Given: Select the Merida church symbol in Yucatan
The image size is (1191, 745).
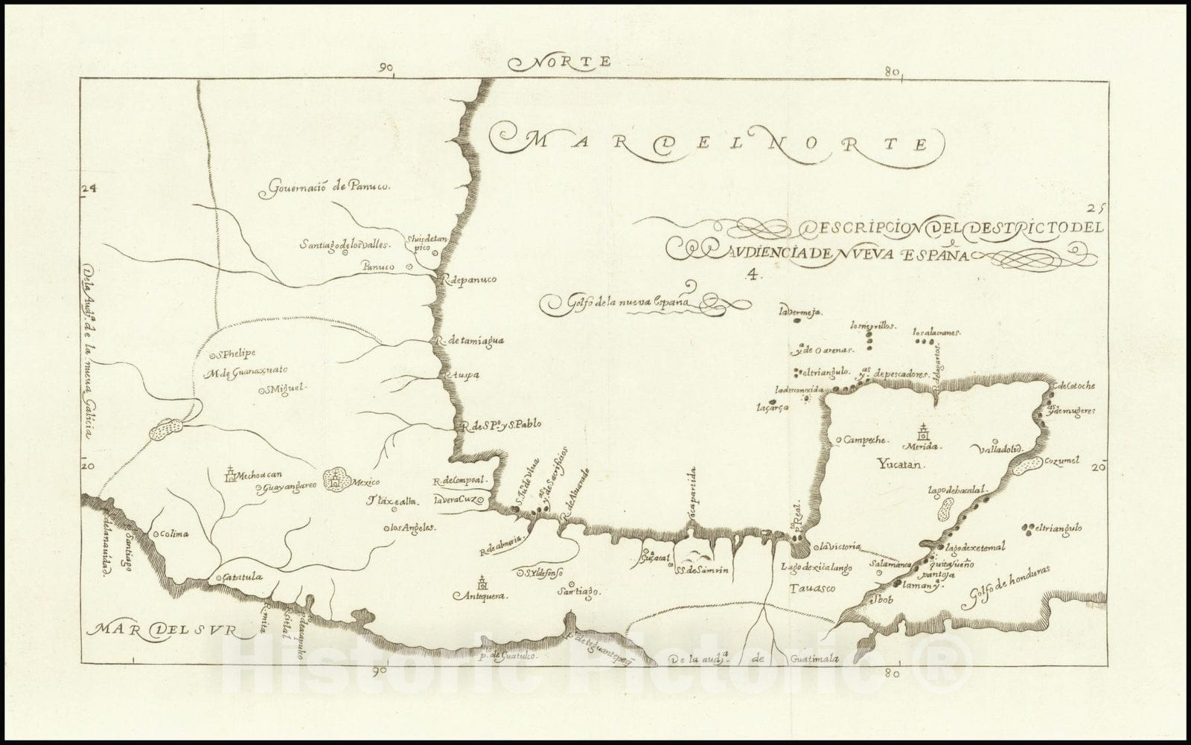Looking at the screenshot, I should click(923, 432).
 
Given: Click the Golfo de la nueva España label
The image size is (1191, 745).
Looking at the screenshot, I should click(618, 303).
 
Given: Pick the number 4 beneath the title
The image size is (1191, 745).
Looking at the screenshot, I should click(753, 273).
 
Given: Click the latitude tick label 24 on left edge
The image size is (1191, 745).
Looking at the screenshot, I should click(89, 189).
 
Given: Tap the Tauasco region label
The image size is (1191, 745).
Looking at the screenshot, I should click(809, 588).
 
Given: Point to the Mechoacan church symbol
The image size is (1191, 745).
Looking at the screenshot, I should click(231, 473).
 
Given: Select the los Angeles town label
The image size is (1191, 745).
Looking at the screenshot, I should click(411, 528).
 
